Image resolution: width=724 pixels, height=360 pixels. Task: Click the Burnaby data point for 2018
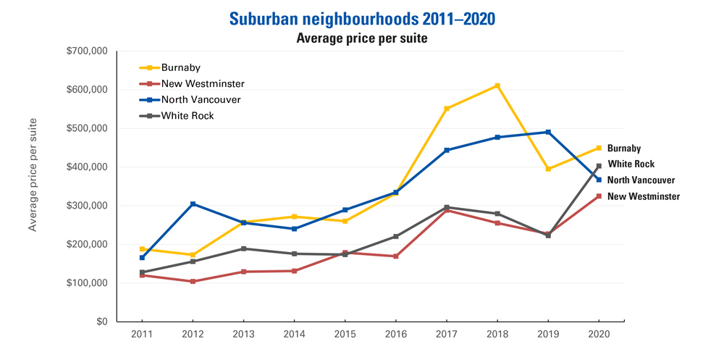click(x=497, y=85)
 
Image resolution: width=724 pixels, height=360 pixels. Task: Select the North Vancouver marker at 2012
click(x=193, y=204)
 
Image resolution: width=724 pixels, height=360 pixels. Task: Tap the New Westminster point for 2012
click(x=193, y=281)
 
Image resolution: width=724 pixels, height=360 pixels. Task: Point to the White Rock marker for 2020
click(x=599, y=166)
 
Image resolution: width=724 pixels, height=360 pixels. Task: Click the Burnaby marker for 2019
click(x=548, y=169)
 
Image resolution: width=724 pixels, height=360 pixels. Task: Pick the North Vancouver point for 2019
click(x=548, y=132)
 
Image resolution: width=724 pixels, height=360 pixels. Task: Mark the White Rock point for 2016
click(x=395, y=236)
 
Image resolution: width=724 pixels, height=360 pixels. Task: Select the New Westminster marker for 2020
click(x=599, y=196)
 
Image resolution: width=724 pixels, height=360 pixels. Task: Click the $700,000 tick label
click(x=87, y=51)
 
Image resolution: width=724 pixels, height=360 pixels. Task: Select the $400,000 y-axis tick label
click(x=87, y=167)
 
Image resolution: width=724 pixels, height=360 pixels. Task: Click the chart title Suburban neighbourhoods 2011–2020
click(x=362, y=18)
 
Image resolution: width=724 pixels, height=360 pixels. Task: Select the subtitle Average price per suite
click(x=362, y=38)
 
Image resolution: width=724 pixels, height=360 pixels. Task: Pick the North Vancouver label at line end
click(x=641, y=180)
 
